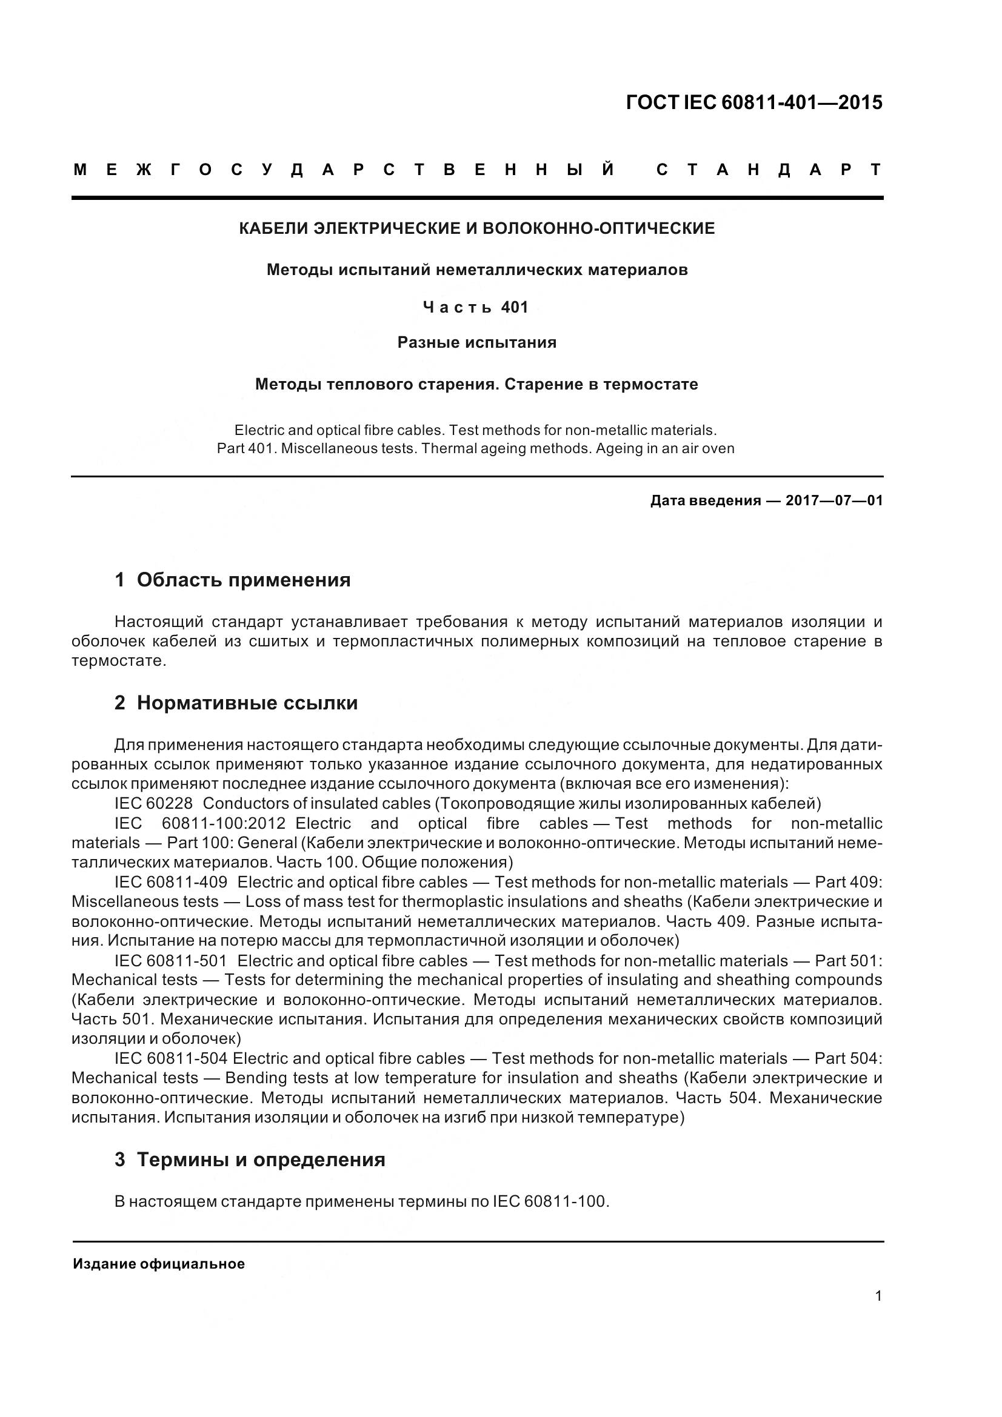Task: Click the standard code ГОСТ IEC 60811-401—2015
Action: click(x=754, y=102)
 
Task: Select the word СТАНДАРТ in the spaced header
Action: click(x=769, y=170)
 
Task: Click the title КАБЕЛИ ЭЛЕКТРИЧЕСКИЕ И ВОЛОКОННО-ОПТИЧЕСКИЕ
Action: click(x=476, y=228)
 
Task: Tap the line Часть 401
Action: click(x=476, y=307)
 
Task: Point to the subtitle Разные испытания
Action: click(x=476, y=342)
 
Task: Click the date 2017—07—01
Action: click(x=834, y=500)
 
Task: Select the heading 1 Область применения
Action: click(x=232, y=580)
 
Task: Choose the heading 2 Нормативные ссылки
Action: click(x=236, y=703)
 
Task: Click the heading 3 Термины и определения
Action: click(x=249, y=1160)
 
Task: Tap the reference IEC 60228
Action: click(x=154, y=803)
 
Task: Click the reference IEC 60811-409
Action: click(x=171, y=882)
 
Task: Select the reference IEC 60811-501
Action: click(x=171, y=961)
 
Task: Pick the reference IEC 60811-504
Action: click(x=171, y=1058)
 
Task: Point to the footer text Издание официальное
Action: click(x=159, y=1264)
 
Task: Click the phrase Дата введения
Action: click(x=705, y=500)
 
